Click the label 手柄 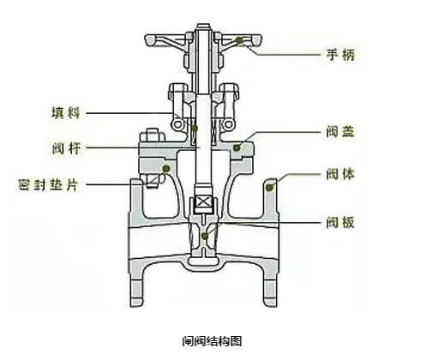tap(340, 54)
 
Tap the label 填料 tap(65, 113)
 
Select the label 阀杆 tap(66, 148)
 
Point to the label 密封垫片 tap(48, 185)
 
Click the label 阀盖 tap(340, 132)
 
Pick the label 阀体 tap(340, 174)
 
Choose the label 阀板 tap(340, 222)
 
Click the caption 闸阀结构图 tap(212, 341)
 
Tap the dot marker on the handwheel tap(239, 40)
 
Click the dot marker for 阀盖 tap(237, 147)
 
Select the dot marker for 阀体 tap(269, 188)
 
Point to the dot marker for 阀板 tap(205, 236)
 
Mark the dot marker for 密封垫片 tap(166, 168)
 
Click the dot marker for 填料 tap(195, 128)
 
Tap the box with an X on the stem tap(203, 201)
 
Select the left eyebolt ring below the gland tap(177, 124)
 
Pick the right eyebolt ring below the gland tap(228, 124)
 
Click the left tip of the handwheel tap(147, 40)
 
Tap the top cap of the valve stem tap(203, 27)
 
